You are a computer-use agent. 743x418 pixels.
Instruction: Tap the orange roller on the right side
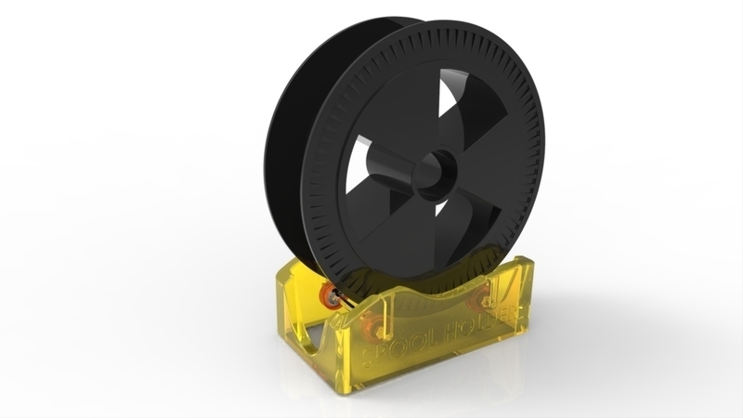(x=481, y=299)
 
